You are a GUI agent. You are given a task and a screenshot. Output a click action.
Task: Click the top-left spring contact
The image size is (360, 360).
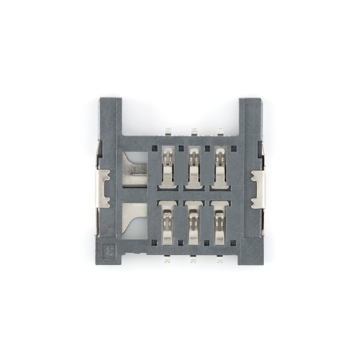167,169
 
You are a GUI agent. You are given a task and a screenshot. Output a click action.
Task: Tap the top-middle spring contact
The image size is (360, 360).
193,169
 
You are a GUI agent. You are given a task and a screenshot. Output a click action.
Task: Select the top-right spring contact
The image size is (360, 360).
220,169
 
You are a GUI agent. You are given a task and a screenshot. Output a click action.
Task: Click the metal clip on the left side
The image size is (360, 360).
103,189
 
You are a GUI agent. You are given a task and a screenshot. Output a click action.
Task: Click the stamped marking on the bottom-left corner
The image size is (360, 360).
110,250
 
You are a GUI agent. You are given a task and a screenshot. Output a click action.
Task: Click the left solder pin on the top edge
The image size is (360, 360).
167,131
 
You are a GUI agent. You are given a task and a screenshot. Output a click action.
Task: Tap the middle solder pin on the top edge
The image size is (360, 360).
194,131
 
